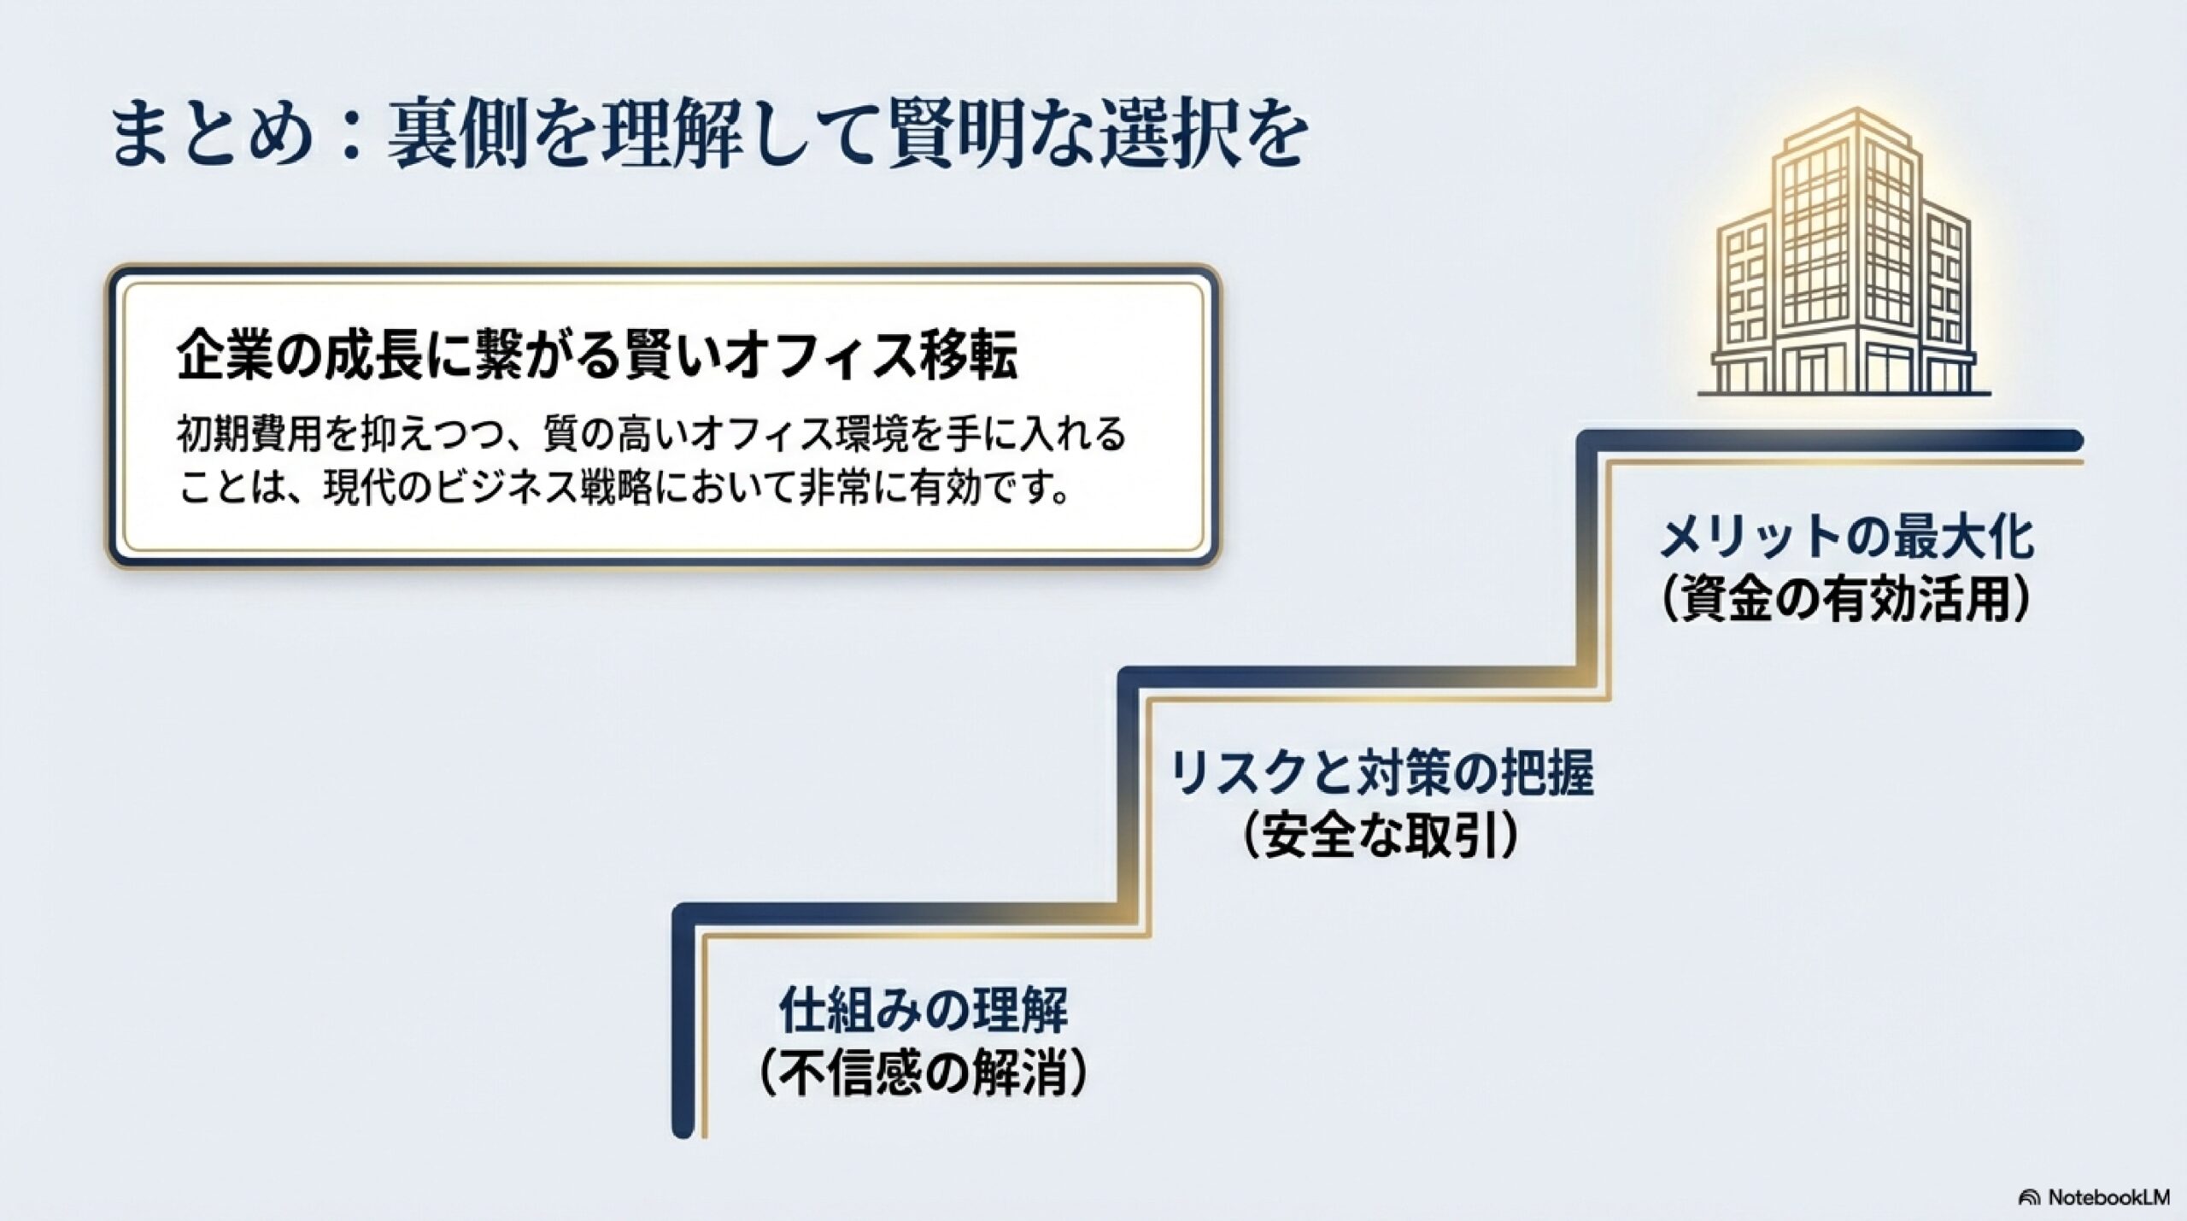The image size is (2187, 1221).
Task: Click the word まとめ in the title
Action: (209, 134)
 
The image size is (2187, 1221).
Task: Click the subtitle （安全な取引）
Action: (1380, 837)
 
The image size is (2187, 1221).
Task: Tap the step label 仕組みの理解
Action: (923, 1010)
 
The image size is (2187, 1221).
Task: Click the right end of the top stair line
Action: (2072, 441)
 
